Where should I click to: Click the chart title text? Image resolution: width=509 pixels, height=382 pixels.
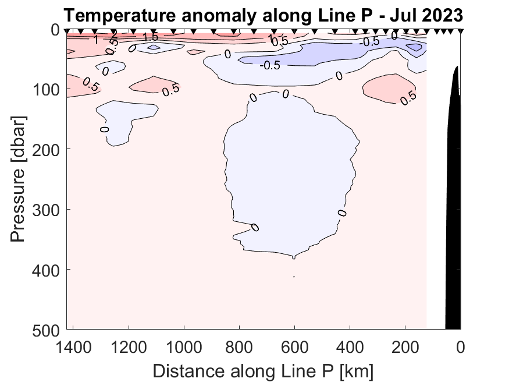(264, 15)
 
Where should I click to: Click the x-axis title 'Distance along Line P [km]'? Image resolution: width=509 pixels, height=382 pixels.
(263, 370)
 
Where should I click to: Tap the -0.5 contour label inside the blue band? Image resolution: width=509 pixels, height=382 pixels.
(269, 65)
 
